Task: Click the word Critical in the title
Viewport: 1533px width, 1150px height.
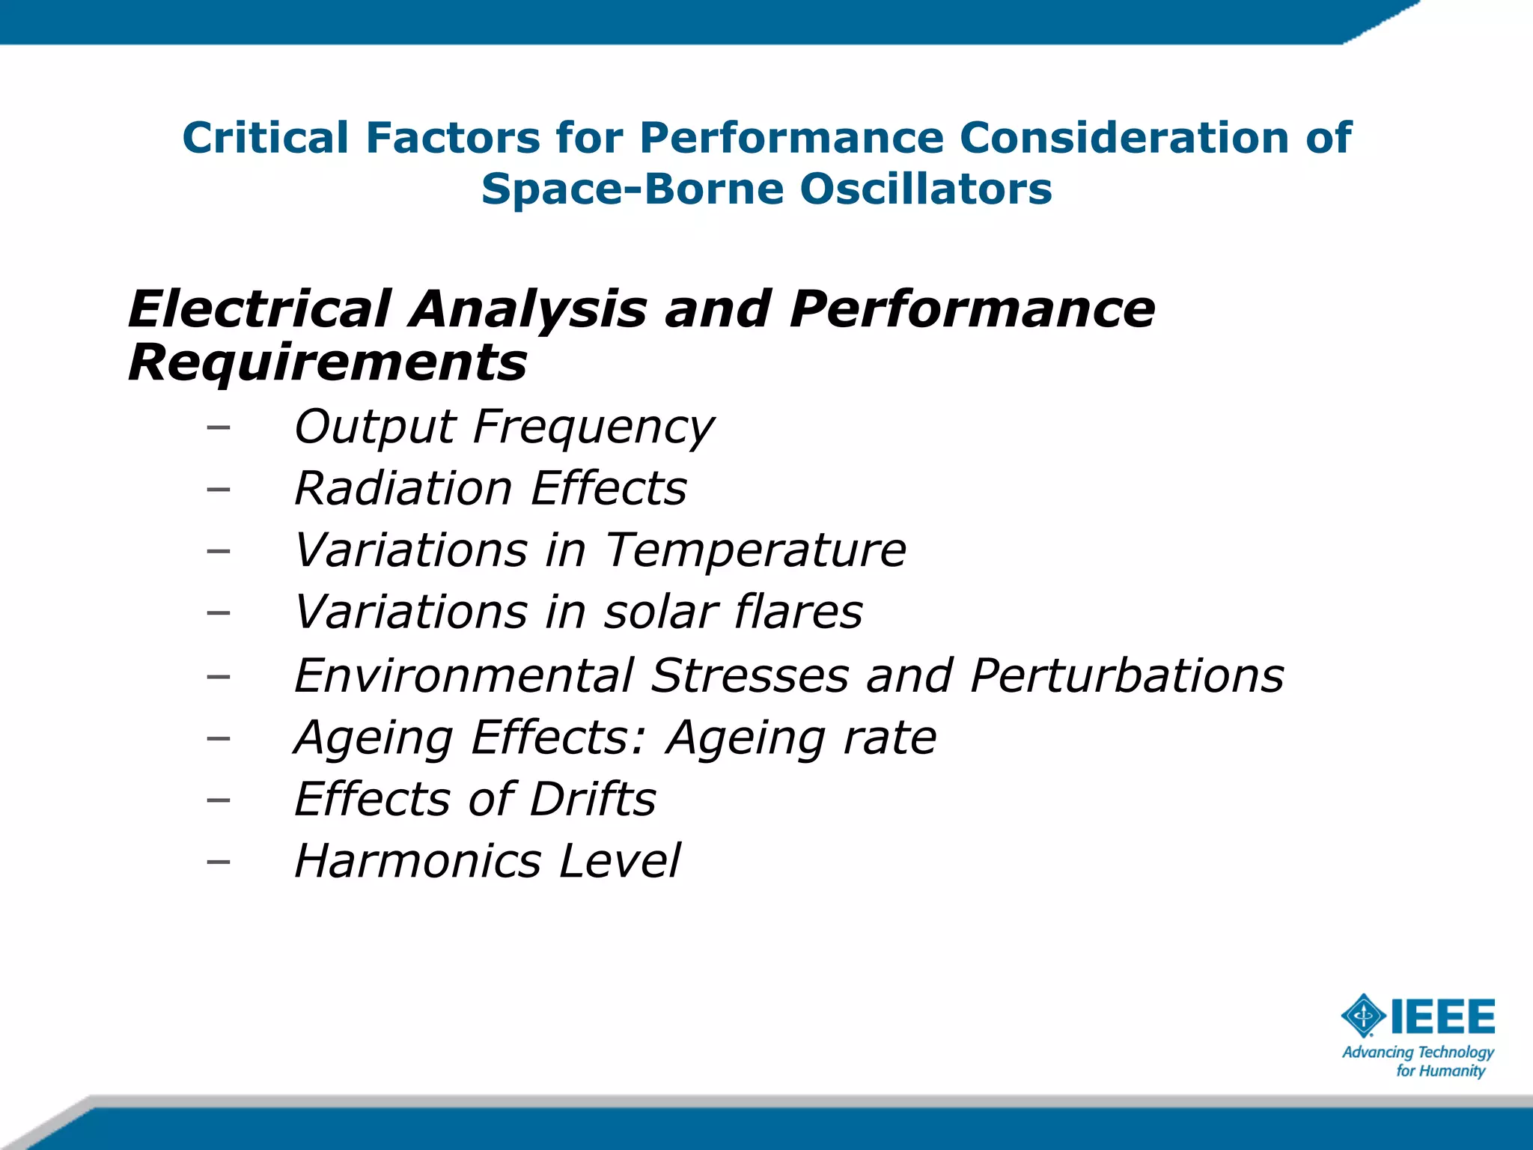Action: [265, 138]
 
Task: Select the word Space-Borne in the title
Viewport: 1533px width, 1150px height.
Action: [632, 189]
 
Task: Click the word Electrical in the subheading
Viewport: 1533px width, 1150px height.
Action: [259, 309]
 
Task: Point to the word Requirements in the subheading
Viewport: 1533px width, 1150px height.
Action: [327, 363]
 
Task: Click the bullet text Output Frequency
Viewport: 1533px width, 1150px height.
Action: [504, 427]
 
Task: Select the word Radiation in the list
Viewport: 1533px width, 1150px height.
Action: [403, 488]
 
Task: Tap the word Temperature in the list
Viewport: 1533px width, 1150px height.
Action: [755, 550]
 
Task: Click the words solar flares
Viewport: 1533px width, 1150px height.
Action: [733, 612]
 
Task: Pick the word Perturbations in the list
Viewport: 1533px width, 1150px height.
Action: [1127, 675]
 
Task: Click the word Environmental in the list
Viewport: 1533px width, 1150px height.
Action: [464, 675]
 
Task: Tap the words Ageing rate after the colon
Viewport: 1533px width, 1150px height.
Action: [801, 737]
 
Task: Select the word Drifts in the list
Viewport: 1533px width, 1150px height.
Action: [592, 799]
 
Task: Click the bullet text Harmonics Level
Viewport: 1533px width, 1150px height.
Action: [487, 861]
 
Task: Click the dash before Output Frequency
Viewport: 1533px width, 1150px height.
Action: [218, 428]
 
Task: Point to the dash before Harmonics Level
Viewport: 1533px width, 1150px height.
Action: [218, 862]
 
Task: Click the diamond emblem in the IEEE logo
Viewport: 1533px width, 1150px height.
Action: [1363, 1016]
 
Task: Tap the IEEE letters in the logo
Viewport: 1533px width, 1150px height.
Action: [1442, 1016]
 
